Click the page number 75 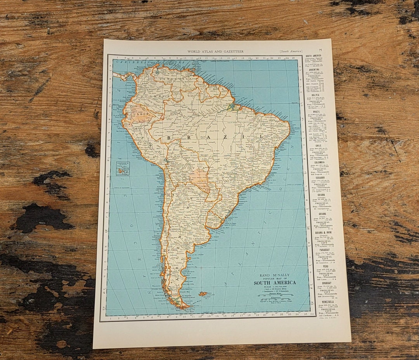click(x=320, y=50)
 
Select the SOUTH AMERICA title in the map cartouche click(x=275, y=282)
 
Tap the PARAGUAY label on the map click(x=212, y=189)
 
